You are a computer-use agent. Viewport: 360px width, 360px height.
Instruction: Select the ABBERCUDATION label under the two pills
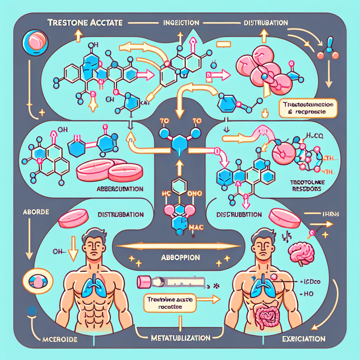point(120,189)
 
